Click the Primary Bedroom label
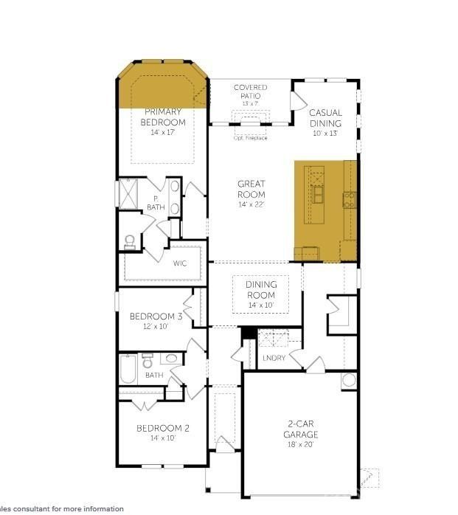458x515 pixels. coord(163,117)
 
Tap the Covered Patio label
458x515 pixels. coord(251,91)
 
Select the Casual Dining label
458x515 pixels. coord(325,118)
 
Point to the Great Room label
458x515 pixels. coord(251,189)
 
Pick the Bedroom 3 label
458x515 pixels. coord(156,317)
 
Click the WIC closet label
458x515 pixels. coord(180,263)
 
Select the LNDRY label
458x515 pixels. coord(274,359)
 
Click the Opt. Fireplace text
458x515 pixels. coord(250,138)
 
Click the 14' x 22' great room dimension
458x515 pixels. coord(251,204)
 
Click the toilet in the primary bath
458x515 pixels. coord(130,241)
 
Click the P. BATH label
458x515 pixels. coord(156,203)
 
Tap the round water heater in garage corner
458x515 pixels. coord(349,381)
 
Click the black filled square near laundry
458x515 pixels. coord(249,333)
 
